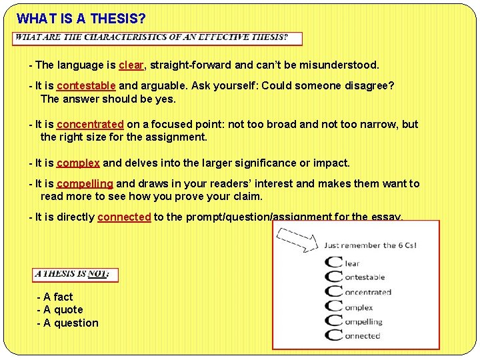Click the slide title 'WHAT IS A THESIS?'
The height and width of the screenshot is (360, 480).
81,18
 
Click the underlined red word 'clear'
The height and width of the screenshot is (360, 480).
131,65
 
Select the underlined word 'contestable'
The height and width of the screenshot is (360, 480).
86,86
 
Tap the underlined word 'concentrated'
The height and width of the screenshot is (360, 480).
90,124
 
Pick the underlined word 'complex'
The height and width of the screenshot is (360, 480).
78,163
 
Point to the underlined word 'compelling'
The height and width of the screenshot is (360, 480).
85,183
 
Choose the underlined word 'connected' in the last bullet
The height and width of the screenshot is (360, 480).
124,217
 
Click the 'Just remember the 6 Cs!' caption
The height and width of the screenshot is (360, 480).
370,245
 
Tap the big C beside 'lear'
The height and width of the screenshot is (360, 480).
333,263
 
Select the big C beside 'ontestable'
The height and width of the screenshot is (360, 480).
333,277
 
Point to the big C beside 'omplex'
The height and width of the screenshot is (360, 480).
333,307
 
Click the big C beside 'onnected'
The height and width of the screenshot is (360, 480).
333,335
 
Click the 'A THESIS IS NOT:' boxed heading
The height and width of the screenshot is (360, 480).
75,274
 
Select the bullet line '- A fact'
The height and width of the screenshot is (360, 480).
55,297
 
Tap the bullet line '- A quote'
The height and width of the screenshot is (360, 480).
60,309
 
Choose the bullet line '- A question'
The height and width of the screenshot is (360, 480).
67,323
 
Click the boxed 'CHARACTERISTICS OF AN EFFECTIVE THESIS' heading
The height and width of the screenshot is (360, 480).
158,38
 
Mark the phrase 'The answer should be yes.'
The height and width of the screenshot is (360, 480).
108,99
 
